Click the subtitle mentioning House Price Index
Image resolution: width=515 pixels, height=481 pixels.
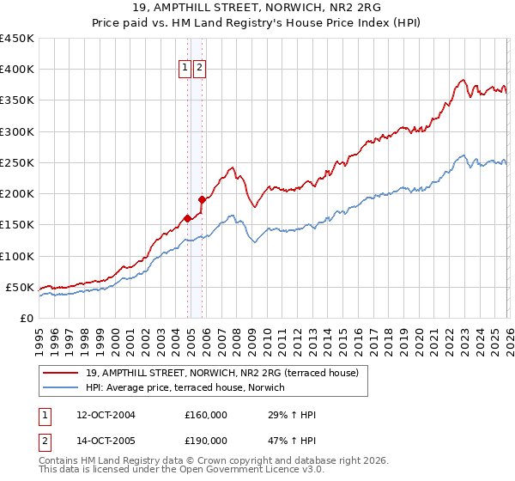(257, 24)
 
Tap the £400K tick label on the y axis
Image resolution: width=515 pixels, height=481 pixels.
(17, 70)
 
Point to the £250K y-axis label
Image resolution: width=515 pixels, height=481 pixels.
(17, 162)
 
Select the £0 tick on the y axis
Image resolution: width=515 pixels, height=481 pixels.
(27, 318)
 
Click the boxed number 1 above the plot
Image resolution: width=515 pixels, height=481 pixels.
(185, 68)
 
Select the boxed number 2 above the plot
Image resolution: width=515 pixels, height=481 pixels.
(200, 68)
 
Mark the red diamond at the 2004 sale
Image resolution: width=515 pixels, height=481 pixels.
(187, 218)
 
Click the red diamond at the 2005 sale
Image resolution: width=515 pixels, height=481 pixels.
(202, 199)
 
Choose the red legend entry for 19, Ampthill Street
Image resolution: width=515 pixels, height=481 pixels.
(227, 373)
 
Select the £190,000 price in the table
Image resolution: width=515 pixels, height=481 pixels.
(206, 441)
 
